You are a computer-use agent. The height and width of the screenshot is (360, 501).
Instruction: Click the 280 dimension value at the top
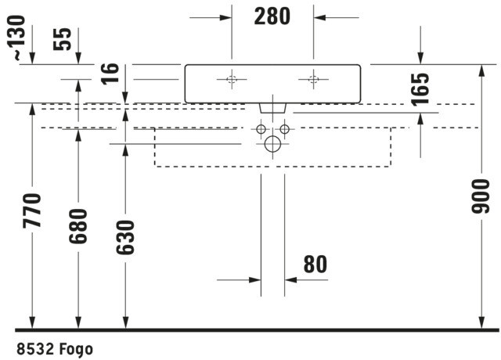(x=272, y=16)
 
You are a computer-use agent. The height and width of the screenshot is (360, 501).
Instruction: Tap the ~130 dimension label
(x=16, y=38)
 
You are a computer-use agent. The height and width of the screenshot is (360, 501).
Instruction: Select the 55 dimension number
(x=63, y=39)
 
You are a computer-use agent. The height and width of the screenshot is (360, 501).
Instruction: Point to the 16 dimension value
(x=110, y=74)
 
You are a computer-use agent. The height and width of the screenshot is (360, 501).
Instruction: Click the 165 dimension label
(x=420, y=89)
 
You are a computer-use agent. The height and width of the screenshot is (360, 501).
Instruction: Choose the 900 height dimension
(x=480, y=196)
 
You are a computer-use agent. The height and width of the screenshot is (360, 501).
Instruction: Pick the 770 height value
(x=32, y=211)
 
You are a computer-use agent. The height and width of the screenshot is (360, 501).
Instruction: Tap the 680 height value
(x=78, y=226)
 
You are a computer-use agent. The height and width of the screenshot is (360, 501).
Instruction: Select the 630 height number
(x=125, y=237)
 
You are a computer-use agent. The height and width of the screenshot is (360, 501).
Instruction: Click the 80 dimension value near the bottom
(x=315, y=265)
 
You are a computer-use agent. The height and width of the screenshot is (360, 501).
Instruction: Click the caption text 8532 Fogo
(x=55, y=349)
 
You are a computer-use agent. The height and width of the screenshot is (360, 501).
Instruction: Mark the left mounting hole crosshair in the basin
(x=232, y=79)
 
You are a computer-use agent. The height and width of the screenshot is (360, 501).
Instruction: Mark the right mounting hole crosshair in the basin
(x=313, y=79)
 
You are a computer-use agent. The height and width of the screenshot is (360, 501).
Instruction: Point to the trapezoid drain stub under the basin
(x=272, y=108)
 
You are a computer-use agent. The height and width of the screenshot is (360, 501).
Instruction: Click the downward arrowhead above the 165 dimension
(x=420, y=59)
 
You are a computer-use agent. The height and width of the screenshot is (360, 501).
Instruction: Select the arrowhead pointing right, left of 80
(x=255, y=280)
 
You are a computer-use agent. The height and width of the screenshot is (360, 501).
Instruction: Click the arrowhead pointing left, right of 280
(x=319, y=17)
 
